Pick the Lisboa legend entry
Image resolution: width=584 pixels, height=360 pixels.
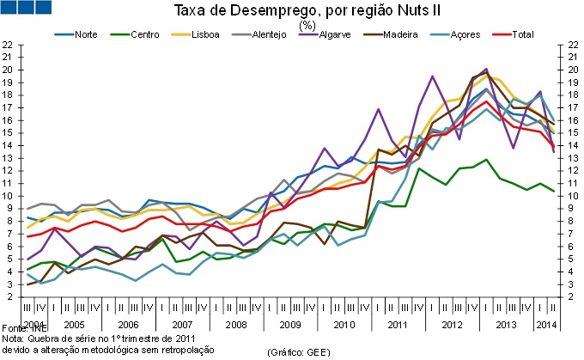[x=204, y=34]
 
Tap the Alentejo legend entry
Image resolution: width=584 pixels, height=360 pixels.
[x=268, y=34]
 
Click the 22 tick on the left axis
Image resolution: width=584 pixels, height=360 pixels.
[x=7, y=44]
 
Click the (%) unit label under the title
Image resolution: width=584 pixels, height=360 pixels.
[x=307, y=24]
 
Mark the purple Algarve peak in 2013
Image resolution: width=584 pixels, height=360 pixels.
[x=486, y=69]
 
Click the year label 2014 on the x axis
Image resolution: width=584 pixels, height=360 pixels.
[x=546, y=325]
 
